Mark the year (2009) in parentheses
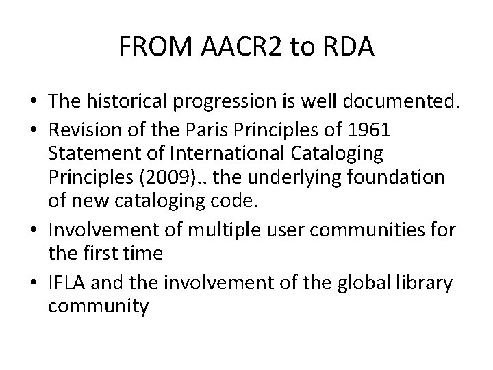164,177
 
